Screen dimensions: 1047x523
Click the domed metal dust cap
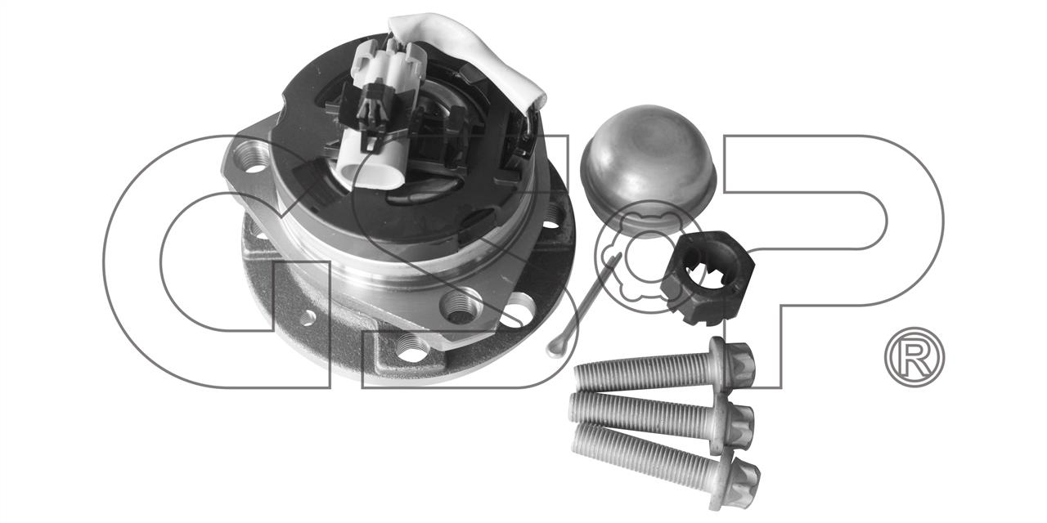point(648,171)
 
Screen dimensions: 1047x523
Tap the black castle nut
point(708,279)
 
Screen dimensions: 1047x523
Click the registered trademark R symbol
point(914,357)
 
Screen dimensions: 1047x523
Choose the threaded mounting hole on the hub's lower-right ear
point(461,306)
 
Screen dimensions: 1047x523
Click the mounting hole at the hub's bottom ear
point(411,348)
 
